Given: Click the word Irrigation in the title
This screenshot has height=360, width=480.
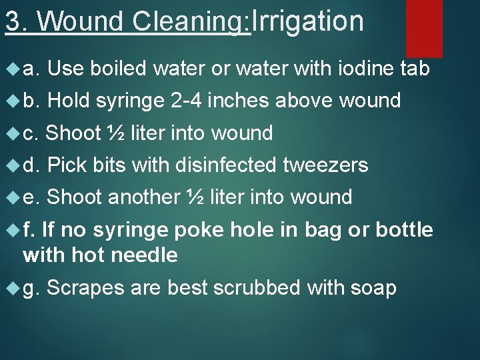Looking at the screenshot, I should [308, 22].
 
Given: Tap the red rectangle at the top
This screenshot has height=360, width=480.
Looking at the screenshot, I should [424, 28].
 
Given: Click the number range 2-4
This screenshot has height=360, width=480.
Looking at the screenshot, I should [187, 101].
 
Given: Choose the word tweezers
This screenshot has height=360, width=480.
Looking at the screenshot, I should [326, 165].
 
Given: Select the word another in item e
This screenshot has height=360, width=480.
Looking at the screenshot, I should [143, 197].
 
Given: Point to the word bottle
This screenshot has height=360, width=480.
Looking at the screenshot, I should [405, 230].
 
